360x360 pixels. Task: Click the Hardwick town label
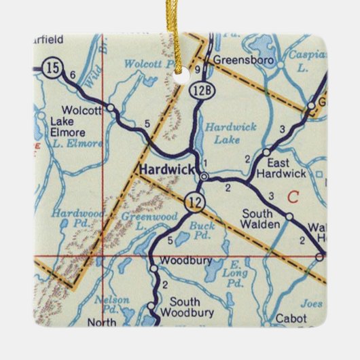coord(166,169)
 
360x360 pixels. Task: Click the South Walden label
coord(262,218)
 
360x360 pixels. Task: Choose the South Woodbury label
coord(194,306)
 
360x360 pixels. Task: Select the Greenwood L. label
coord(139,221)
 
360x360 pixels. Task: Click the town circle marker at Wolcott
coord(111,107)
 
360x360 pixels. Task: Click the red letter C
coord(293,198)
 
